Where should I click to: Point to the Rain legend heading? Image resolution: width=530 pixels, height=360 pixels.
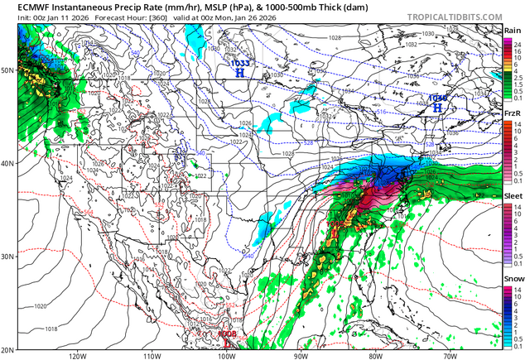tap(513, 31)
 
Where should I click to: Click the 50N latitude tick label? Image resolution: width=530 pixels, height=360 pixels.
tap(7, 71)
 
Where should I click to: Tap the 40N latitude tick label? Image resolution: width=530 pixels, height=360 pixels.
tap(7, 163)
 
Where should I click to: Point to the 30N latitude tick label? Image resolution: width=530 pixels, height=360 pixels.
tap(7, 256)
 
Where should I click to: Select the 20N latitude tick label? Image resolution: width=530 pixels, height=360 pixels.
tap(7, 348)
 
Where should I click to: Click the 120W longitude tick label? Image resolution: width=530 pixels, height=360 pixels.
tap(78, 355)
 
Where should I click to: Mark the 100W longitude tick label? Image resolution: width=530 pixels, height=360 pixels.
tap(226, 355)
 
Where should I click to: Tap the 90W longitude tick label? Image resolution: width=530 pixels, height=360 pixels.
tap(301, 355)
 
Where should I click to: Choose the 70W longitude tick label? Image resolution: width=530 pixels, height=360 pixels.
tap(449, 355)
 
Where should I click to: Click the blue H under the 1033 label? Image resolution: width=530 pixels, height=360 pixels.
tap(240, 73)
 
